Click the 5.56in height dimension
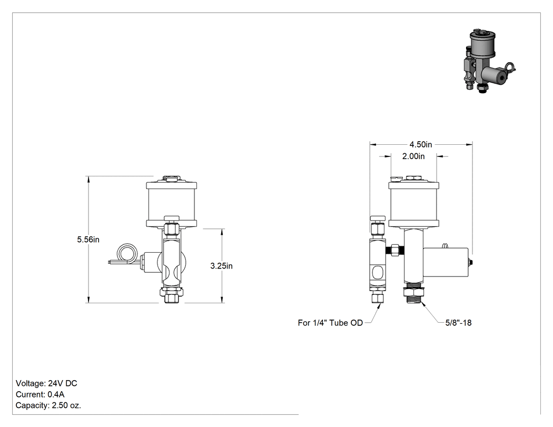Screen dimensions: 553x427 point(88,240)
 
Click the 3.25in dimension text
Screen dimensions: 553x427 point(222,266)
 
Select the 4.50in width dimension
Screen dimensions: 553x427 point(420,145)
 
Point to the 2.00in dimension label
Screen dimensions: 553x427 point(413,156)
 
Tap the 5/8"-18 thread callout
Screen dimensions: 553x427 point(458,323)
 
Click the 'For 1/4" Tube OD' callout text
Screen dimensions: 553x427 point(330,323)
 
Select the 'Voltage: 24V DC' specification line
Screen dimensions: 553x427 point(46,383)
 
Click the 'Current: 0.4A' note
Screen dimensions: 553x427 point(40,394)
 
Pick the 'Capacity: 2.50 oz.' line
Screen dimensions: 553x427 point(48,405)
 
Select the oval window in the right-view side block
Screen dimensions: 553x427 point(377,273)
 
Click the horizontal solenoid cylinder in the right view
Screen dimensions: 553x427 point(446,262)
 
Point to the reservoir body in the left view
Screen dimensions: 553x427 point(171,204)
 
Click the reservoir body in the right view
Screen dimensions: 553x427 point(414,204)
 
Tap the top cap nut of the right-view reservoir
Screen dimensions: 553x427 point(411,178)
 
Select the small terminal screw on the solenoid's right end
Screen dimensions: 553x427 point(470,262)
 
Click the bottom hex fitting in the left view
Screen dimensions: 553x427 point(172,295)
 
